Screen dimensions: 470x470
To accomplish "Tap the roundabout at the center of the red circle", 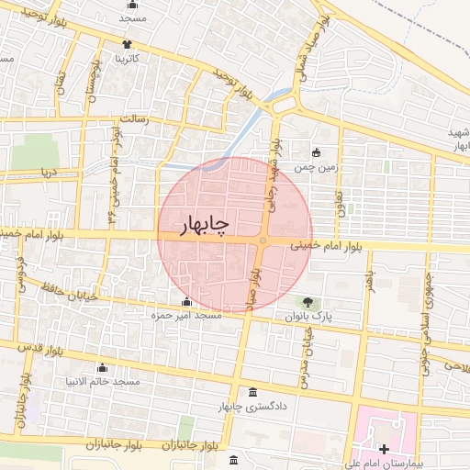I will click(x=263, y=241).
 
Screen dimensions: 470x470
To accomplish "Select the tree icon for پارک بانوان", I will click(x=307, y=302).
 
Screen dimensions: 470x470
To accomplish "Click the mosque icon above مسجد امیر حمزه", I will click(x=187, y=302).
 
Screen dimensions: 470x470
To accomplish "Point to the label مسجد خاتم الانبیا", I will click(x=101, y=380).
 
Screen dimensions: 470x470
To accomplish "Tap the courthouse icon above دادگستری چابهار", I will click(x=252, y=392).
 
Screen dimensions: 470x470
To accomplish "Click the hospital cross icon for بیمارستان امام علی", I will click(x=384, y=448).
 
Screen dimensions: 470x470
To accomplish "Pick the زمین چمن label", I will click(x=317, y=168).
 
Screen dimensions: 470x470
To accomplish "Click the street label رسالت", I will click(x=141, y=119).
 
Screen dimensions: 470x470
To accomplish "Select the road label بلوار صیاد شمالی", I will click(x=298, y=54).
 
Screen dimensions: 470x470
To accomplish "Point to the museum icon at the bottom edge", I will click(x=234, y=458).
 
